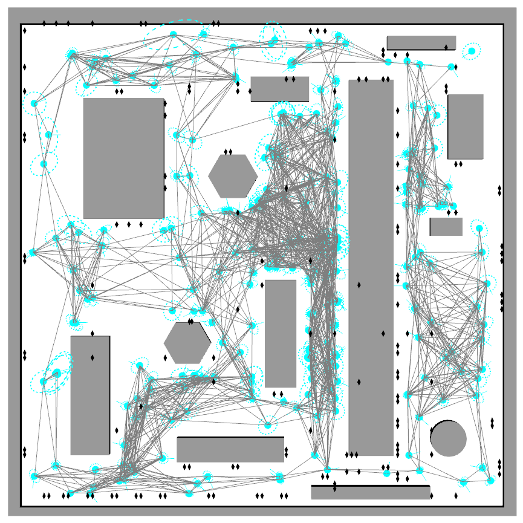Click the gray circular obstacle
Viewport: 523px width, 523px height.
[448, 438]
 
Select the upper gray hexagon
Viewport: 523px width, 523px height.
[233, 175]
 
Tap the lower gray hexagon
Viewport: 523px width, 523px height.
[187, 343]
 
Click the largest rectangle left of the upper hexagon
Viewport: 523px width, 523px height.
[123, 158]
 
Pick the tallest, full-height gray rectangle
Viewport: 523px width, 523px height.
[371, 267]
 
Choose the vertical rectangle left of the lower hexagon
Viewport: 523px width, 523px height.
[90, 395]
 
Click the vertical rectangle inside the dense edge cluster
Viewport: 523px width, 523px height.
[281, 333]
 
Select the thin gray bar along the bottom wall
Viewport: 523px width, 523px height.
[370, 492]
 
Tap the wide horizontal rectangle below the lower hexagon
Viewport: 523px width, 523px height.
[230, 449]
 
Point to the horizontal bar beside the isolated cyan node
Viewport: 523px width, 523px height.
[421, 42]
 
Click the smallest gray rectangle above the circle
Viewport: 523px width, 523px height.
[446, 227]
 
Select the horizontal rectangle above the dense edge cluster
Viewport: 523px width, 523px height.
[279, 89]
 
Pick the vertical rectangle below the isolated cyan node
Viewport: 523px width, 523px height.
[465, 126]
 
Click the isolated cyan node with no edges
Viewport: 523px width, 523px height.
[472, 51]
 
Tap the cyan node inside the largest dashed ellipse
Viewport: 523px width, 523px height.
[173, 34]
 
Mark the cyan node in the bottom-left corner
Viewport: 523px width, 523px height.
[34, 476]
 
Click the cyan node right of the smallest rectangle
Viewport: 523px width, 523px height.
[479, 229]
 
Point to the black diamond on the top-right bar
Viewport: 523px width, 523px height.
[446, 47]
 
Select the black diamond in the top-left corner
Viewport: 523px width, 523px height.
[25, 29]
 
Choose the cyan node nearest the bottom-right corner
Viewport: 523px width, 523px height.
[491, 481]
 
